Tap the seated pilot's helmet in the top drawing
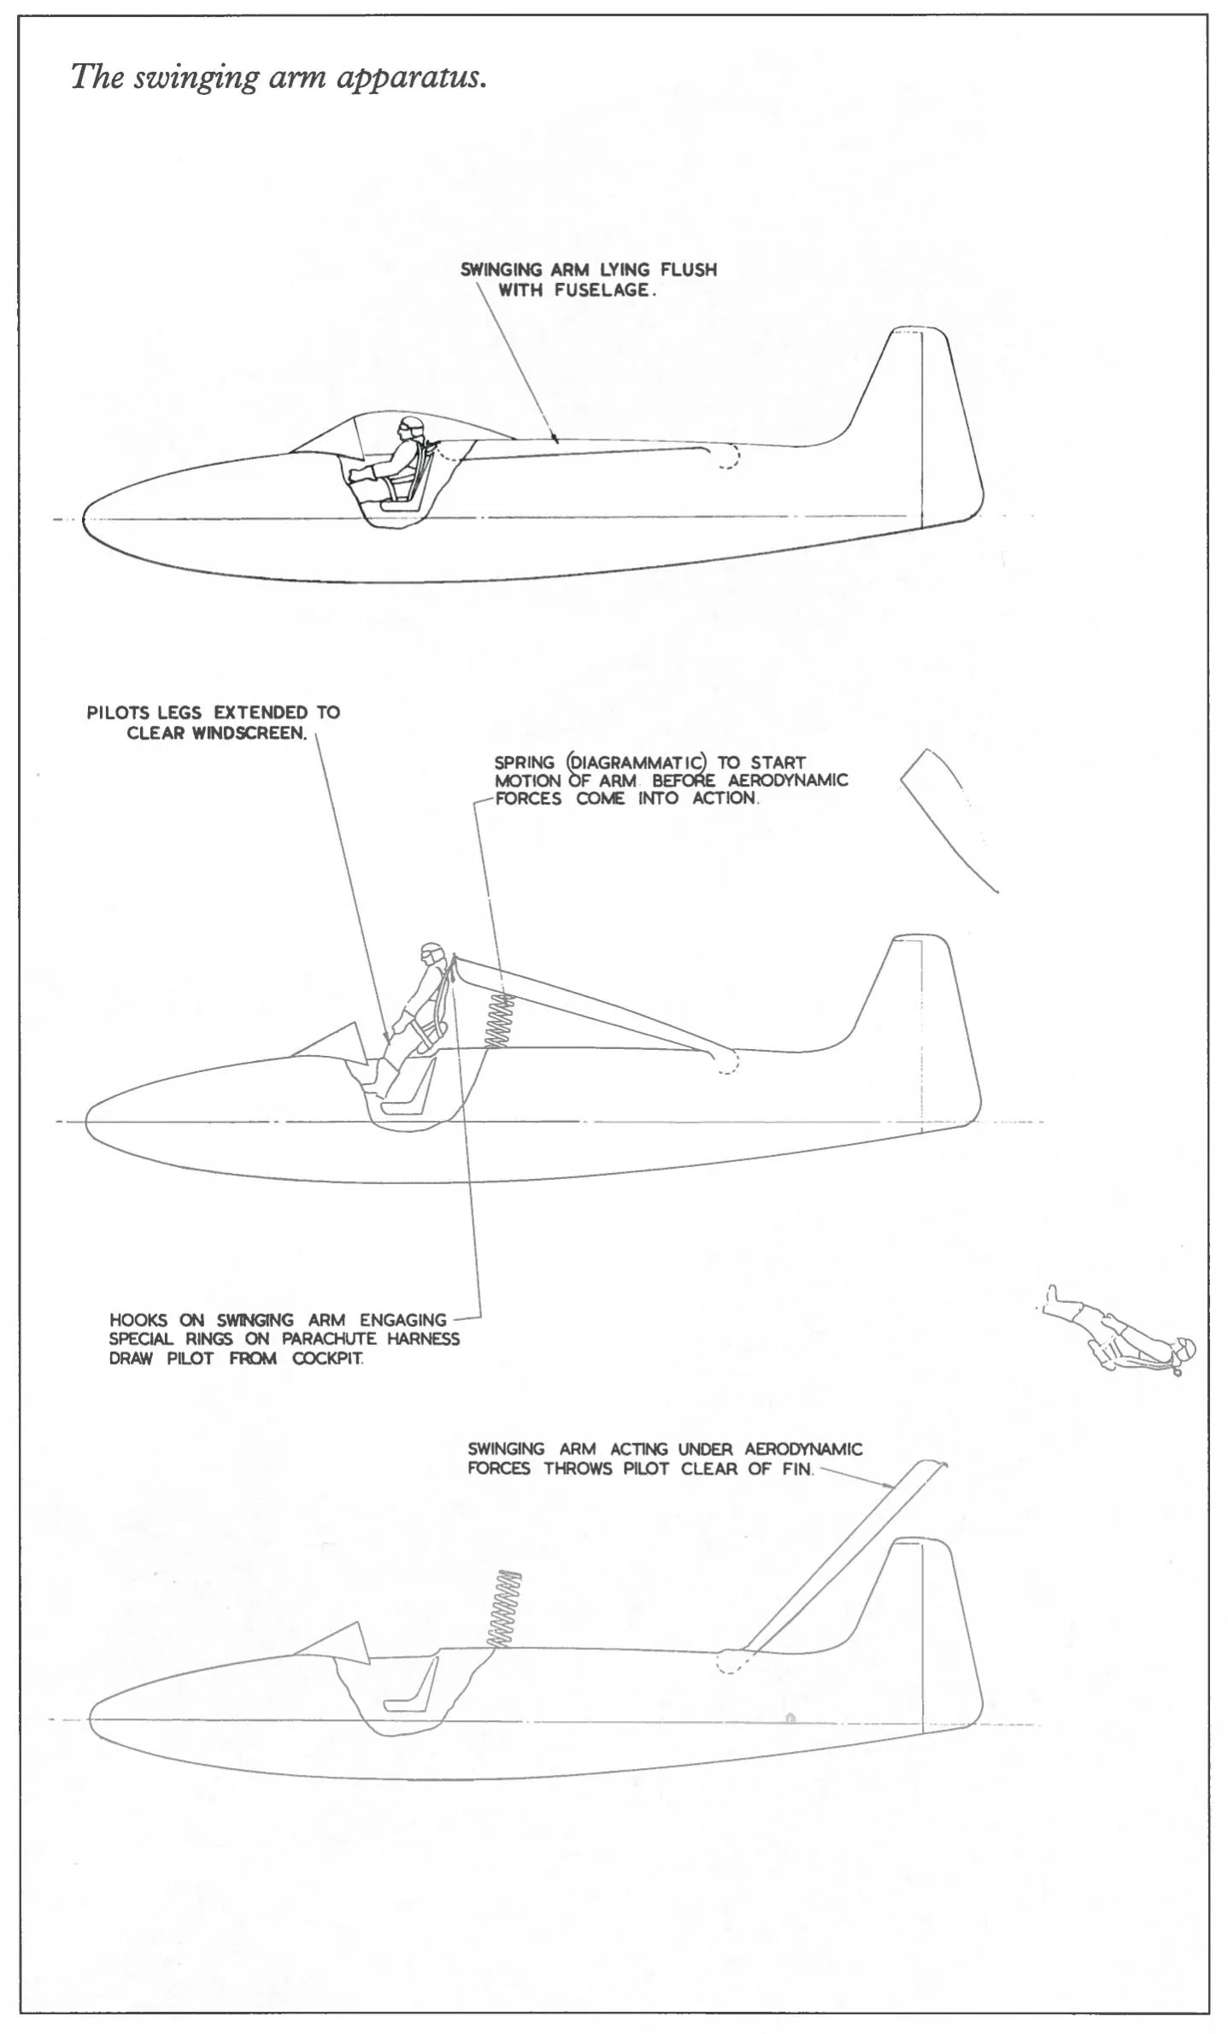(403, 426)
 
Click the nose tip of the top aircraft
(84, 519)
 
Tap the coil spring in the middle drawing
(499, 1021)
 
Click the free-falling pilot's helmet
(1184, 1349)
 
